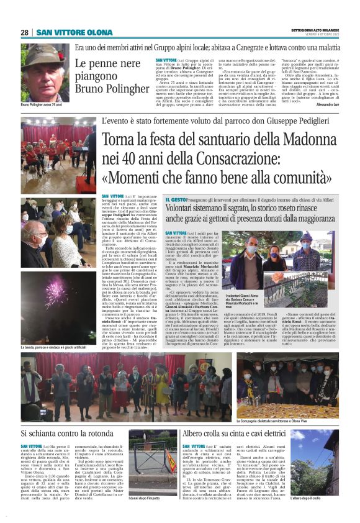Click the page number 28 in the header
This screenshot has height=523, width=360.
point(25,32)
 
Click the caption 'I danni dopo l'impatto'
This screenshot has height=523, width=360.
point(143,498)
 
